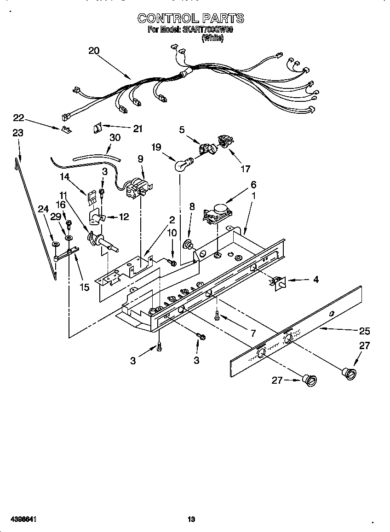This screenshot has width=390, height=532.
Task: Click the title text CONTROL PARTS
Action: click(191, 18)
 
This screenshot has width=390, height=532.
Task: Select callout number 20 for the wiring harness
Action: click(94, 51)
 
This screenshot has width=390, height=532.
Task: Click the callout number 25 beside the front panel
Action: click(365, 331)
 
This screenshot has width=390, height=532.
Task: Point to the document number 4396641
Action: click(19, 519)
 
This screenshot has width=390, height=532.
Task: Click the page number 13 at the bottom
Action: click(191, 519)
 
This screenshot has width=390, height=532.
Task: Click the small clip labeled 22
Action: click(66, 130)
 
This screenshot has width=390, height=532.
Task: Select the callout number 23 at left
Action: click(17, 133)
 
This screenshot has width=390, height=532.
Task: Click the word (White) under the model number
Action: click(212, 39)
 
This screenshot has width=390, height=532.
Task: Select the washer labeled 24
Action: click(56, 244)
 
